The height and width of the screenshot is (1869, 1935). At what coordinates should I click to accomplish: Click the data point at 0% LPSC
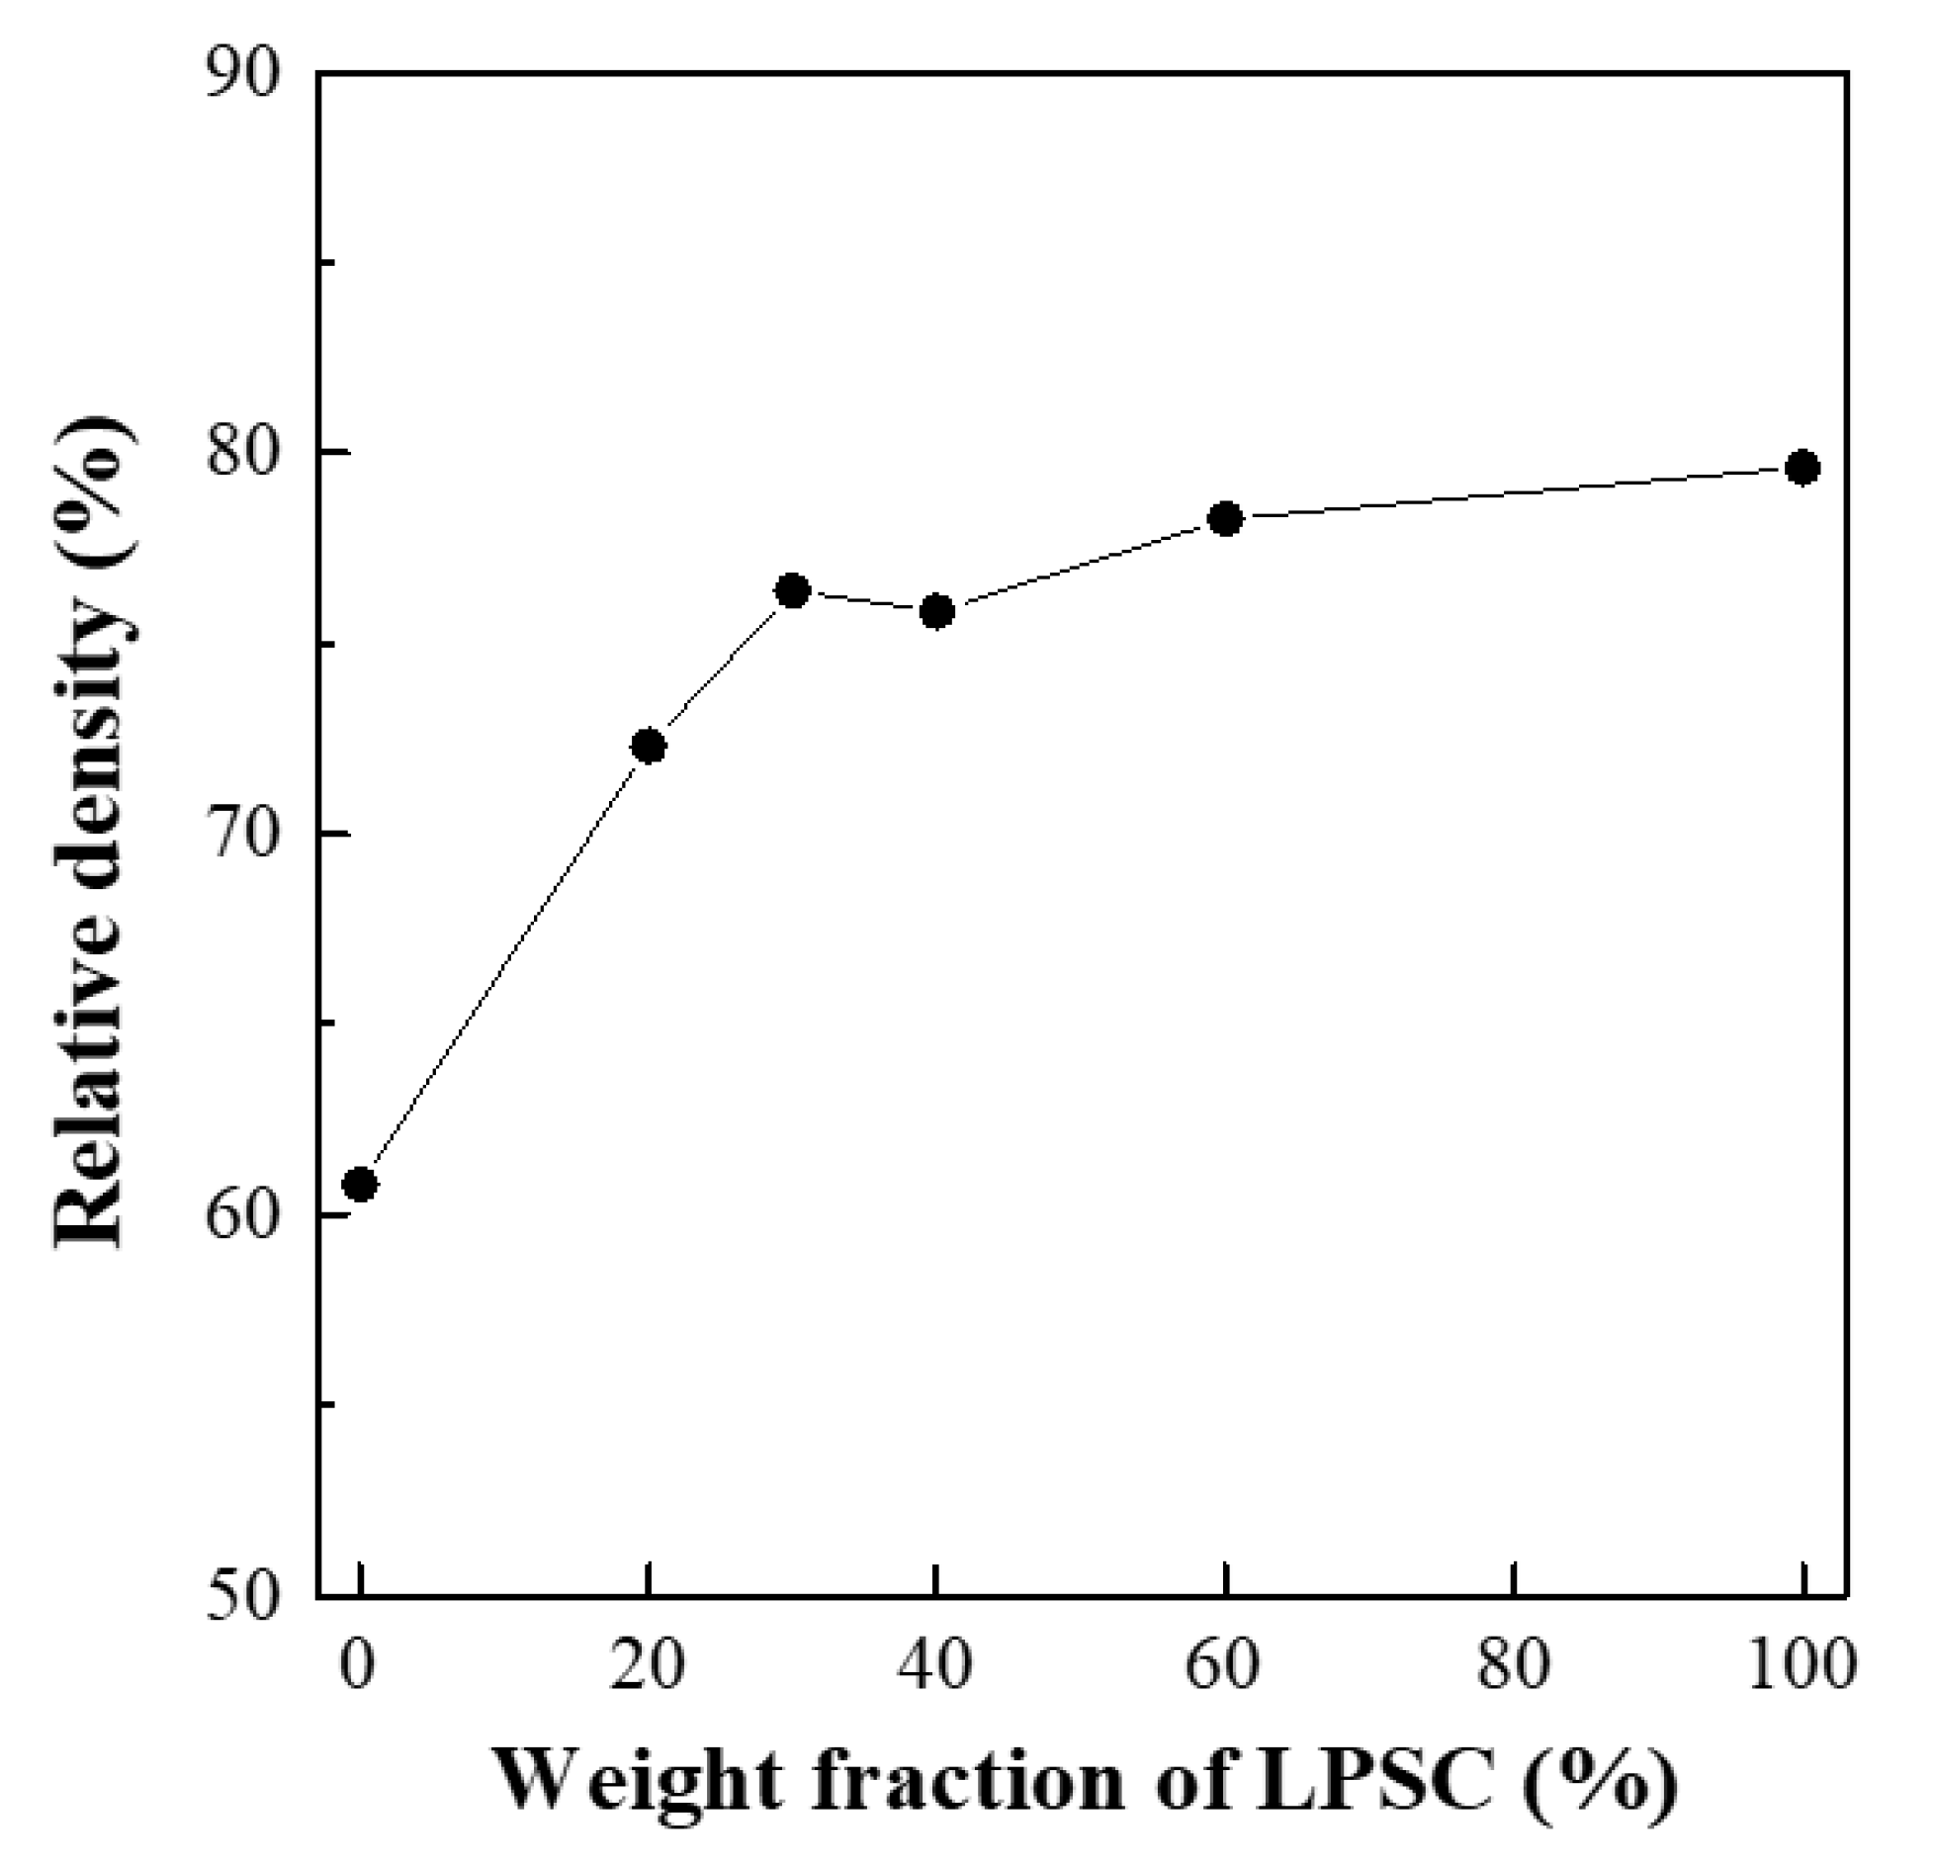(x=361, y=1184)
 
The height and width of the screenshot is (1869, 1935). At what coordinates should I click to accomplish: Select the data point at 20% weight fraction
(x=648, y=746)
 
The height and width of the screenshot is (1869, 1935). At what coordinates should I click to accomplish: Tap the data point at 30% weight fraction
(x=793, y=591)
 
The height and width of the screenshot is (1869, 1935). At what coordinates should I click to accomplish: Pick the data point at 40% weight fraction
(x=936, y=612)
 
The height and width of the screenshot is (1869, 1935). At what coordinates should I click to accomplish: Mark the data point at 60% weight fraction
(x=1226, y=518)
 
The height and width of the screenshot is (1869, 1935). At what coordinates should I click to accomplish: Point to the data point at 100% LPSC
(x=1803, y=467)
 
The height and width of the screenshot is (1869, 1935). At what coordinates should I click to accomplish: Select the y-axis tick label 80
(x=241, y=454)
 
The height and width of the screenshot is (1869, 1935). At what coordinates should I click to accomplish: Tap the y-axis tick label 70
(x=241, y=836)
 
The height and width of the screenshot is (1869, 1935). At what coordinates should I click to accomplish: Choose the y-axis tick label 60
(x=241, y=1216)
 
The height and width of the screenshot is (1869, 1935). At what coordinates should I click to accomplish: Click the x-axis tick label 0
(x=358, y=1664)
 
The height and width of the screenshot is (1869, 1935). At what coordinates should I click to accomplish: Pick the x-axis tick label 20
(x=648, y=1664)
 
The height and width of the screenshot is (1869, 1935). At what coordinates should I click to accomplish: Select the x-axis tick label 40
(x=935, y=1664)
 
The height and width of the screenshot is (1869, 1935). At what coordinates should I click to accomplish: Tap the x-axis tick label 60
(x=1224, y=1664)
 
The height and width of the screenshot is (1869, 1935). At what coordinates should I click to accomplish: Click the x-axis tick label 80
(x=1513, y=1664)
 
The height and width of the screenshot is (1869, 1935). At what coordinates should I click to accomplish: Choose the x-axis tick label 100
(x=1798, y=1664)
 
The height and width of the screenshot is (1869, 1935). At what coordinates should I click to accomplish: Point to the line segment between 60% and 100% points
(x=1513, y=492)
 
